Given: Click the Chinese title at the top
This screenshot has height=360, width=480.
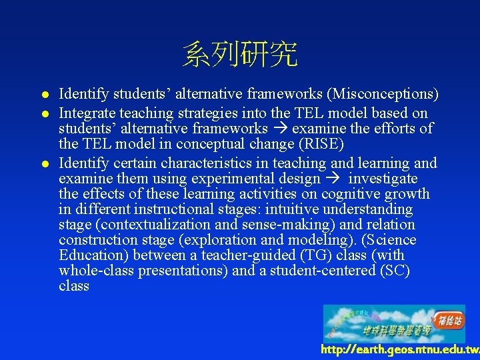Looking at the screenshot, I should pos(240,55).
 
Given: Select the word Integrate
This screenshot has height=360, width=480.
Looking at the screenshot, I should pos(87,113).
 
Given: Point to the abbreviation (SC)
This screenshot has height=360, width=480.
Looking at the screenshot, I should pos(393,271).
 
